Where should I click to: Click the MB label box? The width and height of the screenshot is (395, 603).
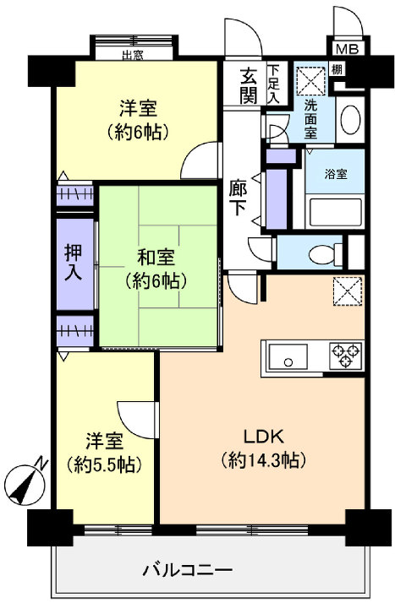(345, 50)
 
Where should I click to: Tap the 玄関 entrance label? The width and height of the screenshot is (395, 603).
(248, 84)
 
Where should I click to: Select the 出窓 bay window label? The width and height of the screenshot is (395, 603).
(132, 57)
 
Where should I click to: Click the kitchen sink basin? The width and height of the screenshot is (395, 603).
(291, 359)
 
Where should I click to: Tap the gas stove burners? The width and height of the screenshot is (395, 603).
(346, 355)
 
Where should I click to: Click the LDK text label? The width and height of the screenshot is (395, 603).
(263, 437)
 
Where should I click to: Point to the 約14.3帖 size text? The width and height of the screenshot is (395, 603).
(263, 460)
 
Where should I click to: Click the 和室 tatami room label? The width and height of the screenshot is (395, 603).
(157, 256)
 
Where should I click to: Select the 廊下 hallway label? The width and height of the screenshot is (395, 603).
(239, 199)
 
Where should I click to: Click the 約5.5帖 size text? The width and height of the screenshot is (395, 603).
(105, 464)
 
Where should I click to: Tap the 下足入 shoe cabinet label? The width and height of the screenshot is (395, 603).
(273, 84)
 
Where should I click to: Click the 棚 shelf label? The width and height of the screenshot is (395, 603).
(337, 70)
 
